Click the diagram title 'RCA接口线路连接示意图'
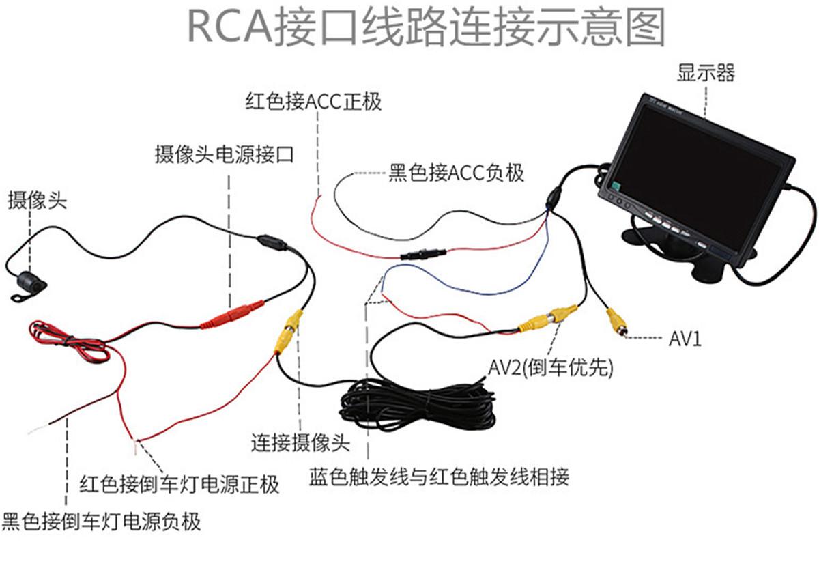tap(427, 27)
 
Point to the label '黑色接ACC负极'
tap(456, 173)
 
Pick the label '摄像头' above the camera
tap(38, 201)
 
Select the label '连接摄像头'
tap(300, 442)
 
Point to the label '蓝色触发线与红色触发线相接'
tap(439, 476)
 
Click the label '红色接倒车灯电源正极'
tap(179, 485)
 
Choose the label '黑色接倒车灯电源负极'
tap(101, 522)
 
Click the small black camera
tap(28, 281)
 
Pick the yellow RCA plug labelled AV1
tap(617, 320)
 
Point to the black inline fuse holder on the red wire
tap(423, 254)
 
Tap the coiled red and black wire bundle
tap(68, 343)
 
